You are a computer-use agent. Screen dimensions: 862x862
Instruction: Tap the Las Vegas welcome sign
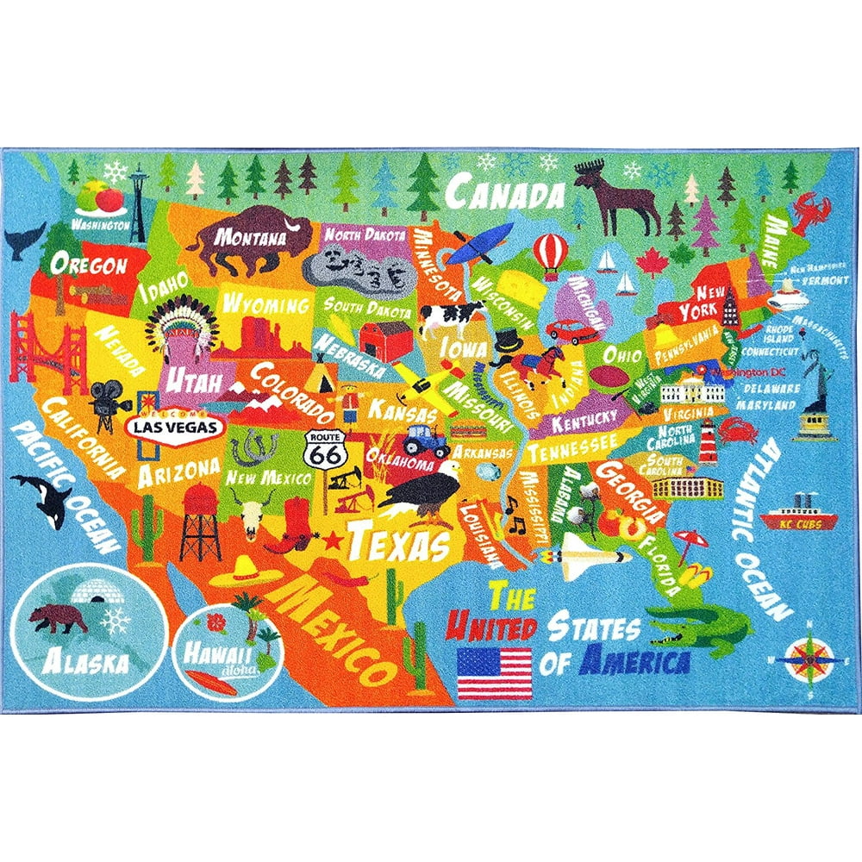[175, 426]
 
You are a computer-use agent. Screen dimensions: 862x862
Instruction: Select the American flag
[494, 673]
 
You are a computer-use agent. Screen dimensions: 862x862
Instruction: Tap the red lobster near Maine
[811, 209]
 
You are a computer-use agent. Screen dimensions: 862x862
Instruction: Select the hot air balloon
[546, 253]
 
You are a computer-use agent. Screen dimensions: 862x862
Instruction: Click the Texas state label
[398, 543]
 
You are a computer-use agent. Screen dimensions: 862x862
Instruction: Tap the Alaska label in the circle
[76, 662]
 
